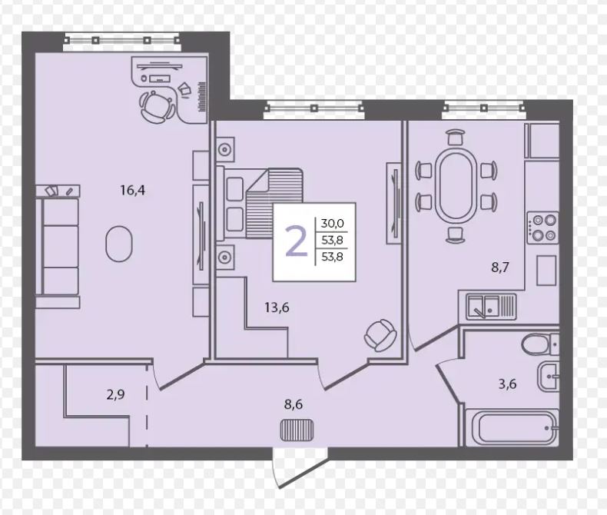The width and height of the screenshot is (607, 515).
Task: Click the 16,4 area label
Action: pos(132,190)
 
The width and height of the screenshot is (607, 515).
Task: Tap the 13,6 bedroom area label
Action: pos(277,307)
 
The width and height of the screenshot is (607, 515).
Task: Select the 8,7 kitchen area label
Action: pos(499,267)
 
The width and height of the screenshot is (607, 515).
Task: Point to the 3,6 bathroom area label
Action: pos(508,384)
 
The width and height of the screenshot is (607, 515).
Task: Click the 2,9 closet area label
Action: pos(115,395)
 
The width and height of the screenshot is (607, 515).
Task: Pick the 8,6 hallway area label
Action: pos(294,404)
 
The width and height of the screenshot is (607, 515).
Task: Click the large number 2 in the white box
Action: pos(297,241)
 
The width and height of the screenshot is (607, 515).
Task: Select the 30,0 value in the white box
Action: pos(332,224)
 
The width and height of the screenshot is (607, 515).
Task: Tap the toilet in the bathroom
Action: pos(539,344)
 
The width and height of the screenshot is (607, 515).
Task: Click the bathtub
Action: pos(511,428)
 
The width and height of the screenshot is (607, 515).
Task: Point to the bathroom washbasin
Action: pos(548,377)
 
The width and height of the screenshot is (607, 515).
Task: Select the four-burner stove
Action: pos(542,228)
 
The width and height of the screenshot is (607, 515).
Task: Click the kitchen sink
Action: pos(491,306)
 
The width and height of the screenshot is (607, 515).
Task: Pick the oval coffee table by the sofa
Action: pos(119,244)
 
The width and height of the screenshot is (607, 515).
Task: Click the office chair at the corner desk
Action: pos(157,106)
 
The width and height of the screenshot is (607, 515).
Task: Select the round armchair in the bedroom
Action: pos(380,335)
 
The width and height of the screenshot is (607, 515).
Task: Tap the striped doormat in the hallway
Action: pos(297,430)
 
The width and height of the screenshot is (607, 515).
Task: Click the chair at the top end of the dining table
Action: pos(456,137)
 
